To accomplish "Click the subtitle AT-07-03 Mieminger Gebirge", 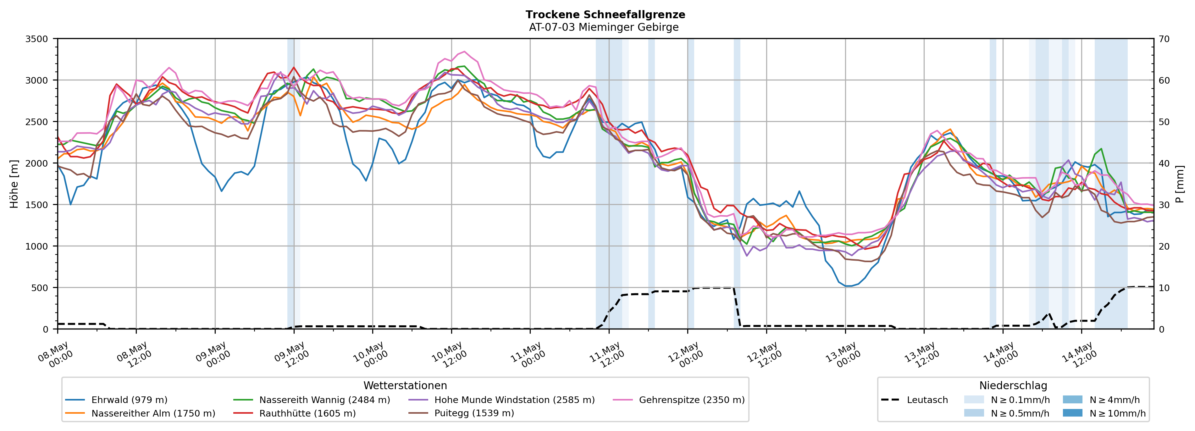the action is pyautogui.click(x=604, y=27).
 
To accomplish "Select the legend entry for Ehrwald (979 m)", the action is pyautogui.click(x=116, y=400).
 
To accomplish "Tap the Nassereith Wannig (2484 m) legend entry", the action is pyautogui.click(x=312, y=400).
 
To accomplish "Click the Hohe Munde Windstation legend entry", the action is pyautogui.click(x=501, y=400).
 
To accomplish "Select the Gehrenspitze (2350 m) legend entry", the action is pyautogui.click(x=679, y=400).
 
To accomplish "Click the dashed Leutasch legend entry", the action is pyautogui.click(x=914, y=400).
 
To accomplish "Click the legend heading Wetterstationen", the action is pyautogui.click(x=405, y=385).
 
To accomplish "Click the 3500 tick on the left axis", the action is pyautogui.click(x=37, y=39).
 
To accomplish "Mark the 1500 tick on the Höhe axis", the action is pyautogui.click(x=37, y=205).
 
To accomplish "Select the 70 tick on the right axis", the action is pyautogui.click(x=1164, y=39).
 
